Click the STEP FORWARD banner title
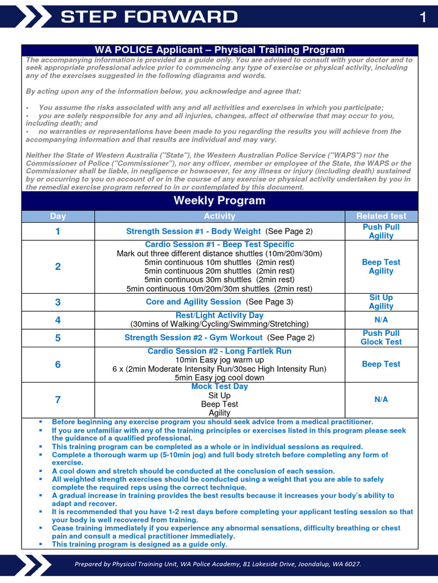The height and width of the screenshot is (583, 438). point(149,17)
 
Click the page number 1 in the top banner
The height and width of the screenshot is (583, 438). point(423,18)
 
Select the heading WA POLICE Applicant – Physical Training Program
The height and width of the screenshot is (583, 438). point(220,50)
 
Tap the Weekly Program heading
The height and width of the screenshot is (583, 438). point(220,200)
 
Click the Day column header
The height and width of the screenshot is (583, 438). point(58,216)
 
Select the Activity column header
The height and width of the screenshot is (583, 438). point(220,216)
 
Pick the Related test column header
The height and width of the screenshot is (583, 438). point(381,216)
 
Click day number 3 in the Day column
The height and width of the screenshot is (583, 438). point(58,302)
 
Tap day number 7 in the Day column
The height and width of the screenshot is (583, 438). point(58,400)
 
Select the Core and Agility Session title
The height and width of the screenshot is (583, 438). point(193,302)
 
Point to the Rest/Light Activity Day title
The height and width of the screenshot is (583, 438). point(220,315)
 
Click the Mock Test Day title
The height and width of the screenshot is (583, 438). point(220,387)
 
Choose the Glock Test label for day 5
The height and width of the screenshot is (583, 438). point(381,342)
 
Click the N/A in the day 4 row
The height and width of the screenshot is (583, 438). point(381,320)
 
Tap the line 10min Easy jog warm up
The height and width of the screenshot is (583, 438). point(220,360)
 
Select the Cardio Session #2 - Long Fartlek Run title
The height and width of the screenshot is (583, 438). point(220,351)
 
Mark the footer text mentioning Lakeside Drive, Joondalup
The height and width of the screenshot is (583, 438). point(218,564)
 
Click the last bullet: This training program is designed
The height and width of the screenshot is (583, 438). point(140,545)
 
